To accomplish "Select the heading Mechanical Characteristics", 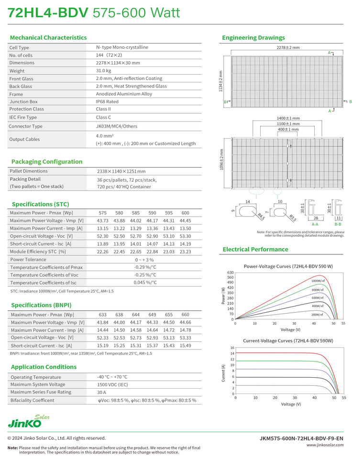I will [x=48, y=37].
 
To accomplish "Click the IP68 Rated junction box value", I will [x=107, y=101].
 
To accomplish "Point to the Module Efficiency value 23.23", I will [x=185, y=251].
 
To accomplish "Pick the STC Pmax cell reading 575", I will [x=102, y=212].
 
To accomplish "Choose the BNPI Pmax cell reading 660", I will [x=185, y=315].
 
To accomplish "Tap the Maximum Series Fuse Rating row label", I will [x=41, y=392].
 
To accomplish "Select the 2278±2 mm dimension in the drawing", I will [x=288, y=48].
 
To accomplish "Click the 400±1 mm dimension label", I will [x=288, y=130].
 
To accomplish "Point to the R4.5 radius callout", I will [x=261, y=217].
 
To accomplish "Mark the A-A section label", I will [x=315, y=224].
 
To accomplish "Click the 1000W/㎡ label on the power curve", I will [x=318, y=281].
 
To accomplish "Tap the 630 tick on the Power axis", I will [x=230, y=273].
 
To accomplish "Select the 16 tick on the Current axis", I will [x=232, y=348].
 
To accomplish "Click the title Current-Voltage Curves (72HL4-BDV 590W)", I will [x=288, y=340].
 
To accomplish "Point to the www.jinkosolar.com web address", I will [x=325, y=445].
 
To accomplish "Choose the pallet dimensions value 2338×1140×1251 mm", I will [x=121, y=171].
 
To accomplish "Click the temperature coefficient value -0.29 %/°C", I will [x=145, y=267].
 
